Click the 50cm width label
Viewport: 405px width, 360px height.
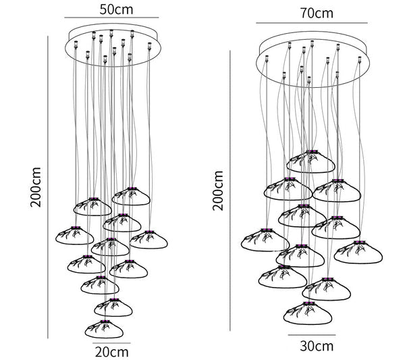point(116,9)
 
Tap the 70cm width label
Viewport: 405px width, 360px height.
point(317,14)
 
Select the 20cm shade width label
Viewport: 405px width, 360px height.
point(112,352)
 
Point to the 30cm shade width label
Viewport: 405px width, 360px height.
point(317,346)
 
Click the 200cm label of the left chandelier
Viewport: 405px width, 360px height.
point(36,187)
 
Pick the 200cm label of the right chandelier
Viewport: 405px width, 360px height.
point(218,190)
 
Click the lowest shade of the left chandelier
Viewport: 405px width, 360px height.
point(104,329)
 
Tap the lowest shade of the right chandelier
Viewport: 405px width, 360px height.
point(308,313)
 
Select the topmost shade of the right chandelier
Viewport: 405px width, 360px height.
point(310,161)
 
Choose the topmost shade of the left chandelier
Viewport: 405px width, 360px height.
point(131,196)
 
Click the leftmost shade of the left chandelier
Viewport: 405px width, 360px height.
point(75,236)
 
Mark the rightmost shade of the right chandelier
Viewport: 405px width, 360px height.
point(358,252)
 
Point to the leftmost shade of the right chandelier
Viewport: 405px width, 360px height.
point(265,240)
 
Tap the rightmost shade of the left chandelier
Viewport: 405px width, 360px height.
point(148,240)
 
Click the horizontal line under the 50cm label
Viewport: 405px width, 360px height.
point(111,18)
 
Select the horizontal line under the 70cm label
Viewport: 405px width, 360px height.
point(312,23)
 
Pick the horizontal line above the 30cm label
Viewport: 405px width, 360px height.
point(312,335)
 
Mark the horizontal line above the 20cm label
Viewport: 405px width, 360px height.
point(112,343)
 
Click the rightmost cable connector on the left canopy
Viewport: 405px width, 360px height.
point(149,46)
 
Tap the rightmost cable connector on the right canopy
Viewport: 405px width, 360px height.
point(360,60)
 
